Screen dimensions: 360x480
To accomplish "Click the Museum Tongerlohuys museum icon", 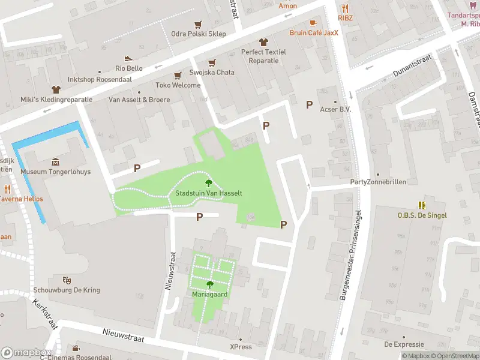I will point(56,162).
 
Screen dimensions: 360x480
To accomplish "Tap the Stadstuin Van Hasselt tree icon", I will point(209,183).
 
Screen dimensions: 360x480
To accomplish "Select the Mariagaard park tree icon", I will point(210,284).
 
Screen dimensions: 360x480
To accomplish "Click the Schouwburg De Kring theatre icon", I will point(67,280).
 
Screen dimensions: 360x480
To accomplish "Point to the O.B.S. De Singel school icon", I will point(422,205).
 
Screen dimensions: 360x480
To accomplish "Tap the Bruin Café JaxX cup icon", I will point(313,23).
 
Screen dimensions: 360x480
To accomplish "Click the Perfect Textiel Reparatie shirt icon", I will point(263,42).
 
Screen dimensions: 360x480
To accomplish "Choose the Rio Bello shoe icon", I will point(128,58).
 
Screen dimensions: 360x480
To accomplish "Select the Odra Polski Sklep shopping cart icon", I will point(198,24).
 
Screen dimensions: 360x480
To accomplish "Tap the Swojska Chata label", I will point(212,73).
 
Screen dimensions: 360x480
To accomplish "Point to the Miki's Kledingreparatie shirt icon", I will point(55,89).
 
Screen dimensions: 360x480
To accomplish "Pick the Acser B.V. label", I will point(335,109).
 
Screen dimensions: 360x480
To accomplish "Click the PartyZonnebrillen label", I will point(378,182).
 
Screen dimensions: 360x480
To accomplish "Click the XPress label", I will point(241,347).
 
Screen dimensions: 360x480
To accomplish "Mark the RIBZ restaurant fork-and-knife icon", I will point(344,8).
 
